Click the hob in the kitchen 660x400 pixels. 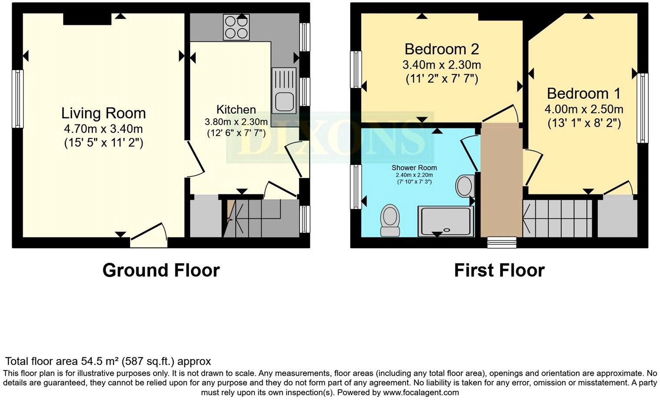(x=236, y=27)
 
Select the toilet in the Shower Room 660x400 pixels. (x=390, y=220)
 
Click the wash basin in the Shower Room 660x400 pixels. (x=465, y=186)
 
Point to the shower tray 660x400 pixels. (x=446, y=221)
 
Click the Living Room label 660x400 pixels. (x=103, y=113)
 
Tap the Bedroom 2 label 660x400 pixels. (x=442, y=49)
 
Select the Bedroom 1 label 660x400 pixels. (x=584, y=93)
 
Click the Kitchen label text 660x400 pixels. (x=236, y=110)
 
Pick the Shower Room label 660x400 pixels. (x=414, y=168)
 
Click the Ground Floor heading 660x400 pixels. (x=161, y=270)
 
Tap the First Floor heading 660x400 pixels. (x=499, y=270)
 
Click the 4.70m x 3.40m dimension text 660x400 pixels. (x=103, y=129)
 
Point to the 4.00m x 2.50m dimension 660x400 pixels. (x=584, y=109)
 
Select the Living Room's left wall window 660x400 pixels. (x=17, y=99)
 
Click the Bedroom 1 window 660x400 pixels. (x=643, y=108)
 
